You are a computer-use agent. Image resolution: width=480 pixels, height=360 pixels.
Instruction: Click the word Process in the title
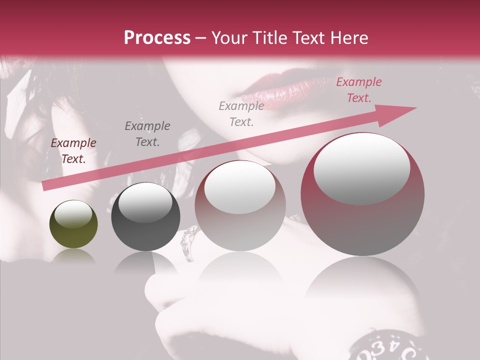click(157, 37)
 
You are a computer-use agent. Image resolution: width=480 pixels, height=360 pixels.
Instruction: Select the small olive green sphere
click(73, 224)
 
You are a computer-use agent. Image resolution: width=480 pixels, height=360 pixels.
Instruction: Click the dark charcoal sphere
click(145, 217)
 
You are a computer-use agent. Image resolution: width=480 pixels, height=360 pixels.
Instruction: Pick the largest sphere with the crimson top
click(362, 194)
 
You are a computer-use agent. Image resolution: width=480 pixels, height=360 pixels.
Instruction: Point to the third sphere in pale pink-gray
click(240, 206)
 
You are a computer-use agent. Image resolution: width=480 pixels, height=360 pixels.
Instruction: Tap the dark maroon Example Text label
click(73, 151)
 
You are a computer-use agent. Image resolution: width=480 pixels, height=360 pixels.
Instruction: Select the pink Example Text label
click(358, 90)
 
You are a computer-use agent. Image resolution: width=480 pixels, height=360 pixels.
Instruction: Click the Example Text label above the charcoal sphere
click(147, 133)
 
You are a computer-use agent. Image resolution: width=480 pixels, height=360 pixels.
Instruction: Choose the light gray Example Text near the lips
click(241, 113)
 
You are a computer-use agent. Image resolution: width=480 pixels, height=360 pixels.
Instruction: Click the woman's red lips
click(280, 90)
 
